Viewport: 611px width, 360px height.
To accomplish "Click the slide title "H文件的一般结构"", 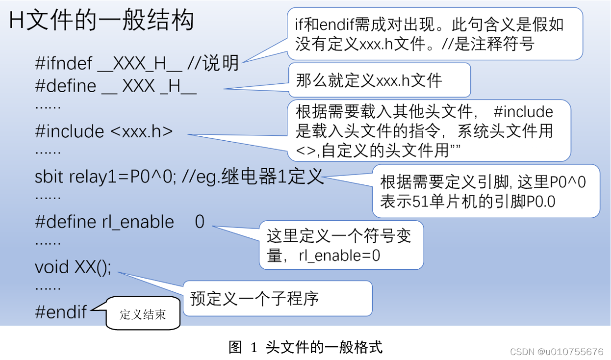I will click(102, 21).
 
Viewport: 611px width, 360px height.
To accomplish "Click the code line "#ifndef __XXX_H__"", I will click(109, 63).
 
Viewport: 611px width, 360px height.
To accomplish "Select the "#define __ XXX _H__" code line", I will click(116, 86).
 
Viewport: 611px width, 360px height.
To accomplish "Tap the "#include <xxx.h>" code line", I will click(104, 131).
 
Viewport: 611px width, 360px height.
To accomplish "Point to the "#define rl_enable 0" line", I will click(119, 222).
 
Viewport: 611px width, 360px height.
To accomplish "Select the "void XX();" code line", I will click(73, 267).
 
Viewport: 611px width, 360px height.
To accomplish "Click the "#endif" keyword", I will click(61, 312).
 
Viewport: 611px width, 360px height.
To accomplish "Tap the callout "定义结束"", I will click(143, 314).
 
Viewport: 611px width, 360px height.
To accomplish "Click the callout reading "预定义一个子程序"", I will click(277, 298).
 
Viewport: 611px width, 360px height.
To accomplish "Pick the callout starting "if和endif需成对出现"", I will click(434, 34).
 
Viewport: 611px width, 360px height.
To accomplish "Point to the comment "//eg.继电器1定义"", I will click(253, 177).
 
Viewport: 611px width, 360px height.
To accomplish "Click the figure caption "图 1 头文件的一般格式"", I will click(305, 347).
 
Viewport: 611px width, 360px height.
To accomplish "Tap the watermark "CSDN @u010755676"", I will click(557, 352).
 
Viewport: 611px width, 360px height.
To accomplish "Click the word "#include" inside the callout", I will click(523, 112).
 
